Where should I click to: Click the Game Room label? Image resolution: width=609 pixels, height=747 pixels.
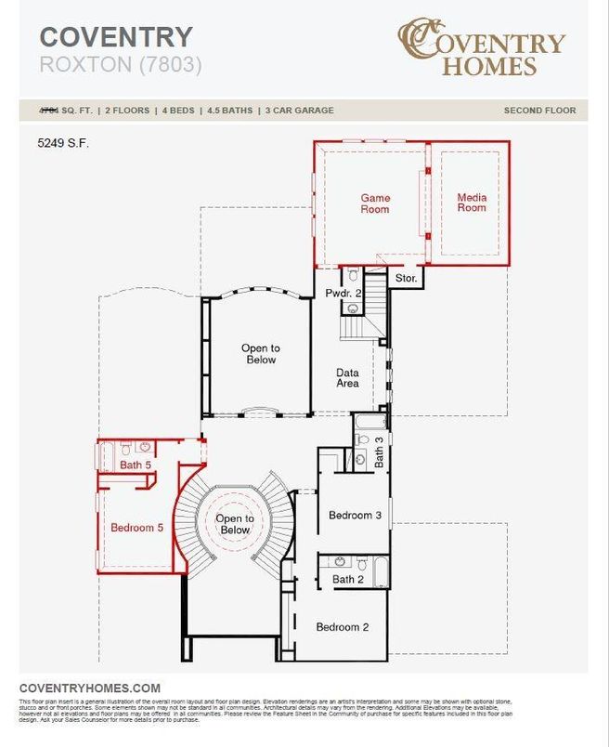pyautogui.click(x=375, y=203)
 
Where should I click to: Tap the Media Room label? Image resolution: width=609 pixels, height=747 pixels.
pyautogui.click(x=472, y=203)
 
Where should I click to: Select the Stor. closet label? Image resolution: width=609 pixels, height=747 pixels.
pyautogui.click(x=406, y=278)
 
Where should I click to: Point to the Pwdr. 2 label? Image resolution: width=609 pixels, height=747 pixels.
pyautogui.click(x=337, y=294)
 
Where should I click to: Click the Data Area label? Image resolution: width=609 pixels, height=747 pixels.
pyautogui.click(x=347, y=377)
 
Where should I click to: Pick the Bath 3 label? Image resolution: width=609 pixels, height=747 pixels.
pyautogui.click(x=379, y=456)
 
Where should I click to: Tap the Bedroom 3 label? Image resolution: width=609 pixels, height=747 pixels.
pyautogui.click(x=356, y=516)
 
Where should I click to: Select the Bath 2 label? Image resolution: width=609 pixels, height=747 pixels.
pyautogui.click(x=348, y=579)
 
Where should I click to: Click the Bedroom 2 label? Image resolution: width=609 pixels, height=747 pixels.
pyautogui.click(x=342, y=627)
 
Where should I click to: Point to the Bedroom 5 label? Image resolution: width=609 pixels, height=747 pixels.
pyautogui.click(x=136, y=528)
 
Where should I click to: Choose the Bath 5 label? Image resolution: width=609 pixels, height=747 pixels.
pyautogui.click(x=136, y=465)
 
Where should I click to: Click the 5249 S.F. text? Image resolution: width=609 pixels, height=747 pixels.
pyautogui.click(x=63, y=144)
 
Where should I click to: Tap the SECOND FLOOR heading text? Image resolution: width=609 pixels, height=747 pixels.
pyautogui.click(x=539, y=111)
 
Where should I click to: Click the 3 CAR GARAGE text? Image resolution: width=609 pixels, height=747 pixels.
pyautogui.click(x=300, y=111)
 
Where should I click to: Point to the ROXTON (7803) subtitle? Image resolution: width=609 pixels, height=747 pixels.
pyautogui.click(x=120, y=64)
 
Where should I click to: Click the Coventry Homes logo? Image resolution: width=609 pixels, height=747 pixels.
pyautogui.click(x=481, y=47)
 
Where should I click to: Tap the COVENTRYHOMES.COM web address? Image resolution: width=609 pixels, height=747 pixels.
pyautogui.click(x=90, y=688)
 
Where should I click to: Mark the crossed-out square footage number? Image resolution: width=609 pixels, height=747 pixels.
pyautogui.click(x=47, y=111)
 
